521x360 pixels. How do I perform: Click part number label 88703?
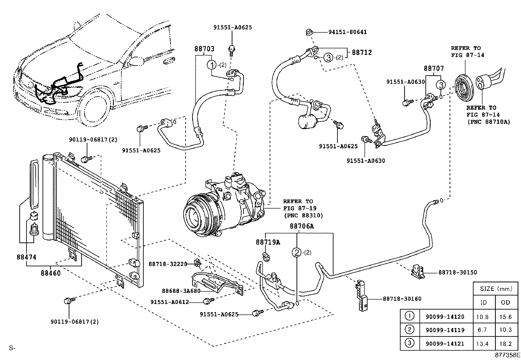[x=204, y=49]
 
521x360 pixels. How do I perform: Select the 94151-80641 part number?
[x=348, y=32]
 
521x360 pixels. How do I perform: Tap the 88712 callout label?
[x=362, y=52]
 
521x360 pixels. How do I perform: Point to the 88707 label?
[x=434, y=69]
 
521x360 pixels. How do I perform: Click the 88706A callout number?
[x=301, y=226]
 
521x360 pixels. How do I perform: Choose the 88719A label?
[x=268, y=242]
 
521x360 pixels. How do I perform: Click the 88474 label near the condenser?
[x=27, y=257]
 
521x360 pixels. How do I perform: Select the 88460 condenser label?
[x=51, y=273]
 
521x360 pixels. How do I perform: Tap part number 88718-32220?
[x=168, y=264]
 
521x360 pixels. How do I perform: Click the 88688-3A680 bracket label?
[x=181, y=291]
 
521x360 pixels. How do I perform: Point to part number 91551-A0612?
[x=170, y=302]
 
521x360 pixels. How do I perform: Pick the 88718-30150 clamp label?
[x=458, y=272]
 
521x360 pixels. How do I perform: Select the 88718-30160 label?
[x=402, y=299]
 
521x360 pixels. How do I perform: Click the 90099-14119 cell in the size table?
[x=445, y=330]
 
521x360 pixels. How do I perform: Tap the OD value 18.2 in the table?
[x=506, y=344]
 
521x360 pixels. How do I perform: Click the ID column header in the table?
[x=483, y=302]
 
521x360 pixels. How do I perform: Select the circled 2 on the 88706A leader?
[x=296, y=253]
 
